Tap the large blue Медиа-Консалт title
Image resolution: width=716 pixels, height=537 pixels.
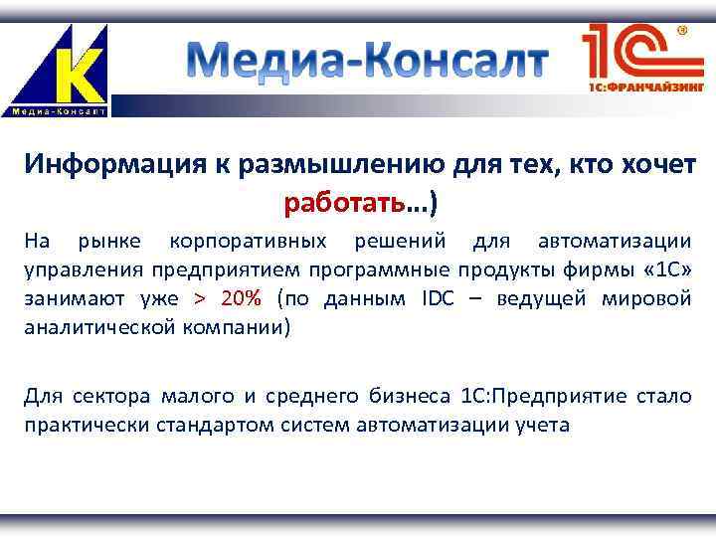pos(367,63)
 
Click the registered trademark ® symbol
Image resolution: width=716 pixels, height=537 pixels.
pos(683,31)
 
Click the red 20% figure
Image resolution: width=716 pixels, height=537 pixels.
pos(242,298)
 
